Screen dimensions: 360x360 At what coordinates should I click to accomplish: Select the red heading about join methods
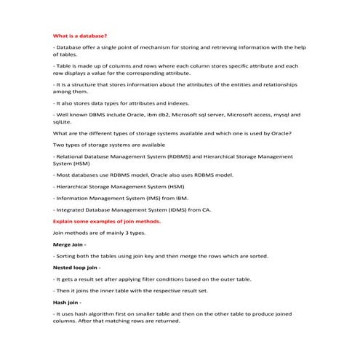point(107,220)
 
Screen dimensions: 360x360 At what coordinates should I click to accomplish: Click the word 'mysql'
point(287,114)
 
